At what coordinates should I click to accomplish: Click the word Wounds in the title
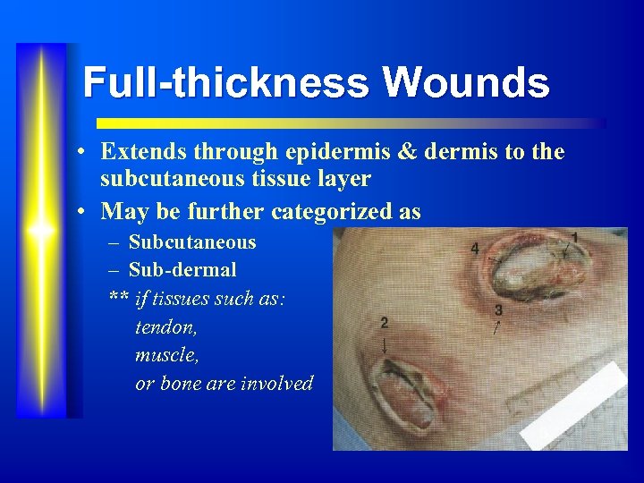tap(466, 83)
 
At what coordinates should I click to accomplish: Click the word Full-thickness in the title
tap(225, 83)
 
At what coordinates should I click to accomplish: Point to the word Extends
tap(143, 152)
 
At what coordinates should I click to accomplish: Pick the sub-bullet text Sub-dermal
tap(182, 268)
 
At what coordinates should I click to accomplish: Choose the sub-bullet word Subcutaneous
tap(192, 242)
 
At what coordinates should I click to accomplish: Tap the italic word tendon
tap(166, 327)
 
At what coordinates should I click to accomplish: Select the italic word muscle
tap(167, 355)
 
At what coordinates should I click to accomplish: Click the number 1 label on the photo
tap(573, 237)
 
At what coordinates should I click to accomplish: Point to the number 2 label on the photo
tap(384, 322)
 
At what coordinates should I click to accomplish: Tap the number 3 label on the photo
tap(498, 310)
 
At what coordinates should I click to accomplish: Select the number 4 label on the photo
tap(474, 247)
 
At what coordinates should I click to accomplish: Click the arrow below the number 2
tap(385, 343)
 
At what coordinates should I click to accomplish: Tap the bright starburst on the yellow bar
tap(41, 231)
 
